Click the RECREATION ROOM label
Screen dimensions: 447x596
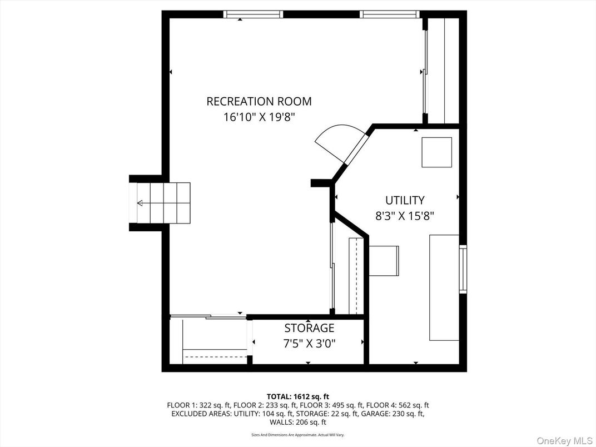tap(259, 101)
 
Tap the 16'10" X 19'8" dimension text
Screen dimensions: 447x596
tap(259, 117)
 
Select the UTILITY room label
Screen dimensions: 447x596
tap(405, 200)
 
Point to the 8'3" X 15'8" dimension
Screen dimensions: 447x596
tap(405, 216)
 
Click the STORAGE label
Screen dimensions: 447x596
tap(309, 328)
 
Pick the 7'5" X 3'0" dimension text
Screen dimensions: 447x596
tap(309, 344)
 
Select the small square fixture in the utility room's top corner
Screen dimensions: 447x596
tap(436, 152)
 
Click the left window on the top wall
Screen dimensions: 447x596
tap(253, 14)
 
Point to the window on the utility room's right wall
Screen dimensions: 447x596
tap(463, 269)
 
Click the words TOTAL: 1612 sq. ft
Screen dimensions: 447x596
tap(298, 396)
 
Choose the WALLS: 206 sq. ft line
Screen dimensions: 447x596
tap(297, 422)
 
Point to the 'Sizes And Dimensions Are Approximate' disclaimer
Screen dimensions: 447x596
tap(297, 435)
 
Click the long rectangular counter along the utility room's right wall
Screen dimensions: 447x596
tap(444, 287)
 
